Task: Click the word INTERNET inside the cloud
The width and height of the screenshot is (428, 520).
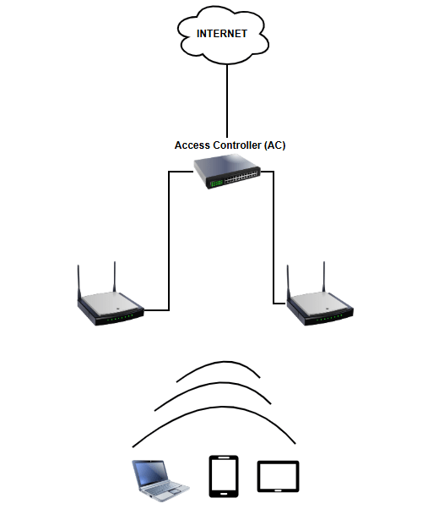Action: click(x=222, y=34)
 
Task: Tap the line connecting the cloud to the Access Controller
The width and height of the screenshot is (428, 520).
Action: click(x=227, y=101)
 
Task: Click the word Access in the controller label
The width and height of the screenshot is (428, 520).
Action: click(x=192, y=145)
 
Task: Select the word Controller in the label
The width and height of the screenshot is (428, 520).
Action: click(x=237, y=145)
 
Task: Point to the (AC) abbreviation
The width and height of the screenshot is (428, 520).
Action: click(x=274, y=145)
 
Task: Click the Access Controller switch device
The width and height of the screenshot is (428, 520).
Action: click(x=227, y=173)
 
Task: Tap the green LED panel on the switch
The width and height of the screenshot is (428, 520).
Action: click(x=216, y=183)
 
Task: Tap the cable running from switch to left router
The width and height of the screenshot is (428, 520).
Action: click(x=169, y=241)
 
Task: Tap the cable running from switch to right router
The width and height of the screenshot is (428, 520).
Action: click(x=274, y=238)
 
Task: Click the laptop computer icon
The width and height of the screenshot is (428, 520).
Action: click(x=160, y=480)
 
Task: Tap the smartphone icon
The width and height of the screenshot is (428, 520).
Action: click(x=224, y=476)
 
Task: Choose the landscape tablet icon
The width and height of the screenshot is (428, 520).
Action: click(x=279, y=476)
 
